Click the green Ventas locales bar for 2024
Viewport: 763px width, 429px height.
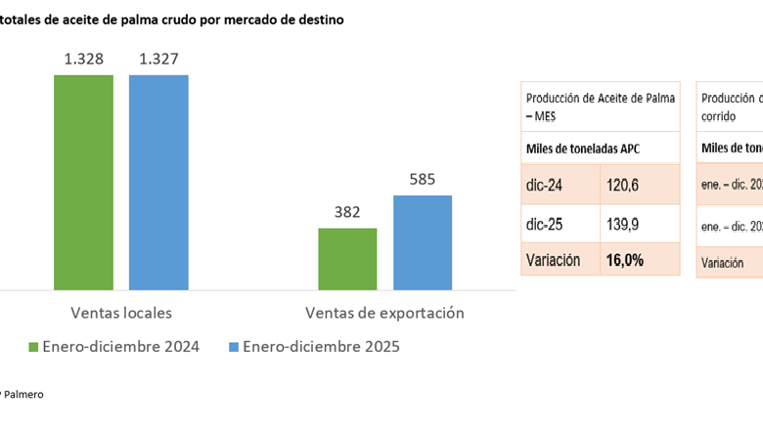[x=83, y=182]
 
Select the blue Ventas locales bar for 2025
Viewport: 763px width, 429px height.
[x=158, y=182]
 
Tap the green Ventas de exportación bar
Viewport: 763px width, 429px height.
[x=347, y=258]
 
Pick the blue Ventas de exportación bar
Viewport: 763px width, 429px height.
[x=423, y=242]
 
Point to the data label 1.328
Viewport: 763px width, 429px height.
[x=83, y=60]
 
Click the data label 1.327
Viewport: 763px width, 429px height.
[x=158, y=60]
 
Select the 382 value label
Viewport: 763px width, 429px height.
[x=347, y=212]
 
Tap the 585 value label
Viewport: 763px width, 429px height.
[x=423, y=180]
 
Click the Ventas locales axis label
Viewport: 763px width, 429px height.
[x=121, y=314]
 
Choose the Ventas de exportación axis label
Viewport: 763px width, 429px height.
[x=384, y=314]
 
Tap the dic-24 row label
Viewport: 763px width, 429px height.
[x=544, y=184]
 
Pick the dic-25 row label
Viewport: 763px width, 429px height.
[x=544, y=224]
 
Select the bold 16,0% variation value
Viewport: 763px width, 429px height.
[x=625, y=260]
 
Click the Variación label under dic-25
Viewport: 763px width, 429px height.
[x=553, y=260]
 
